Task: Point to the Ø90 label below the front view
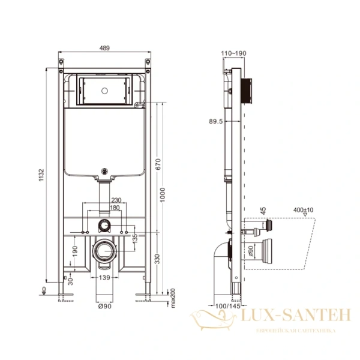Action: [x=105, y=307]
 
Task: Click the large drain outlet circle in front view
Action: [x=106, y=250]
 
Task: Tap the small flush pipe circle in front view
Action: [x=106, y=227]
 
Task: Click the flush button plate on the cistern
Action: [x=106, y=90]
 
